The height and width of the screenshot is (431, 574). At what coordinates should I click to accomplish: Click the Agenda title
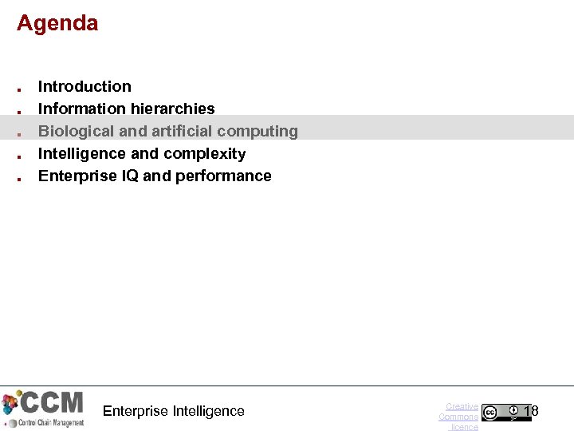tap(57, 23)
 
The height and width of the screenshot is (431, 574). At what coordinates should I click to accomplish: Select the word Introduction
tap(85, 86)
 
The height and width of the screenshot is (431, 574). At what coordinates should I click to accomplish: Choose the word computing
tap(258, 131)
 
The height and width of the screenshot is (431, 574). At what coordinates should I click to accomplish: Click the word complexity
tap(206, 153)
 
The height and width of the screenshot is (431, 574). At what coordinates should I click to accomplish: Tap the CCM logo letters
tap(51, 401)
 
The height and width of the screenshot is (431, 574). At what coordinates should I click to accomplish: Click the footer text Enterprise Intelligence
tap(174, 411)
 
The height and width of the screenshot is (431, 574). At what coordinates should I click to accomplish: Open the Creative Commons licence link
tap(459, 417)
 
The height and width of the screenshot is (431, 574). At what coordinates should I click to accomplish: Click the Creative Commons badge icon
tap(505, 413)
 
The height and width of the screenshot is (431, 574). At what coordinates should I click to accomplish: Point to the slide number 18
tap(531, 411)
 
